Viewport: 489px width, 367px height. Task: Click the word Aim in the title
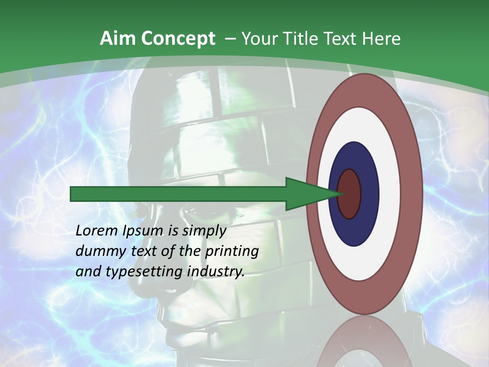(118, 39)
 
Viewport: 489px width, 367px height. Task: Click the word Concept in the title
(178, 39)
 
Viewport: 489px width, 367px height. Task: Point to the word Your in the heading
(258, 39)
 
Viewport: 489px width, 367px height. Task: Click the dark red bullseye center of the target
(349, 194)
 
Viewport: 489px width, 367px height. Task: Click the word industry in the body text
(216, 272)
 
